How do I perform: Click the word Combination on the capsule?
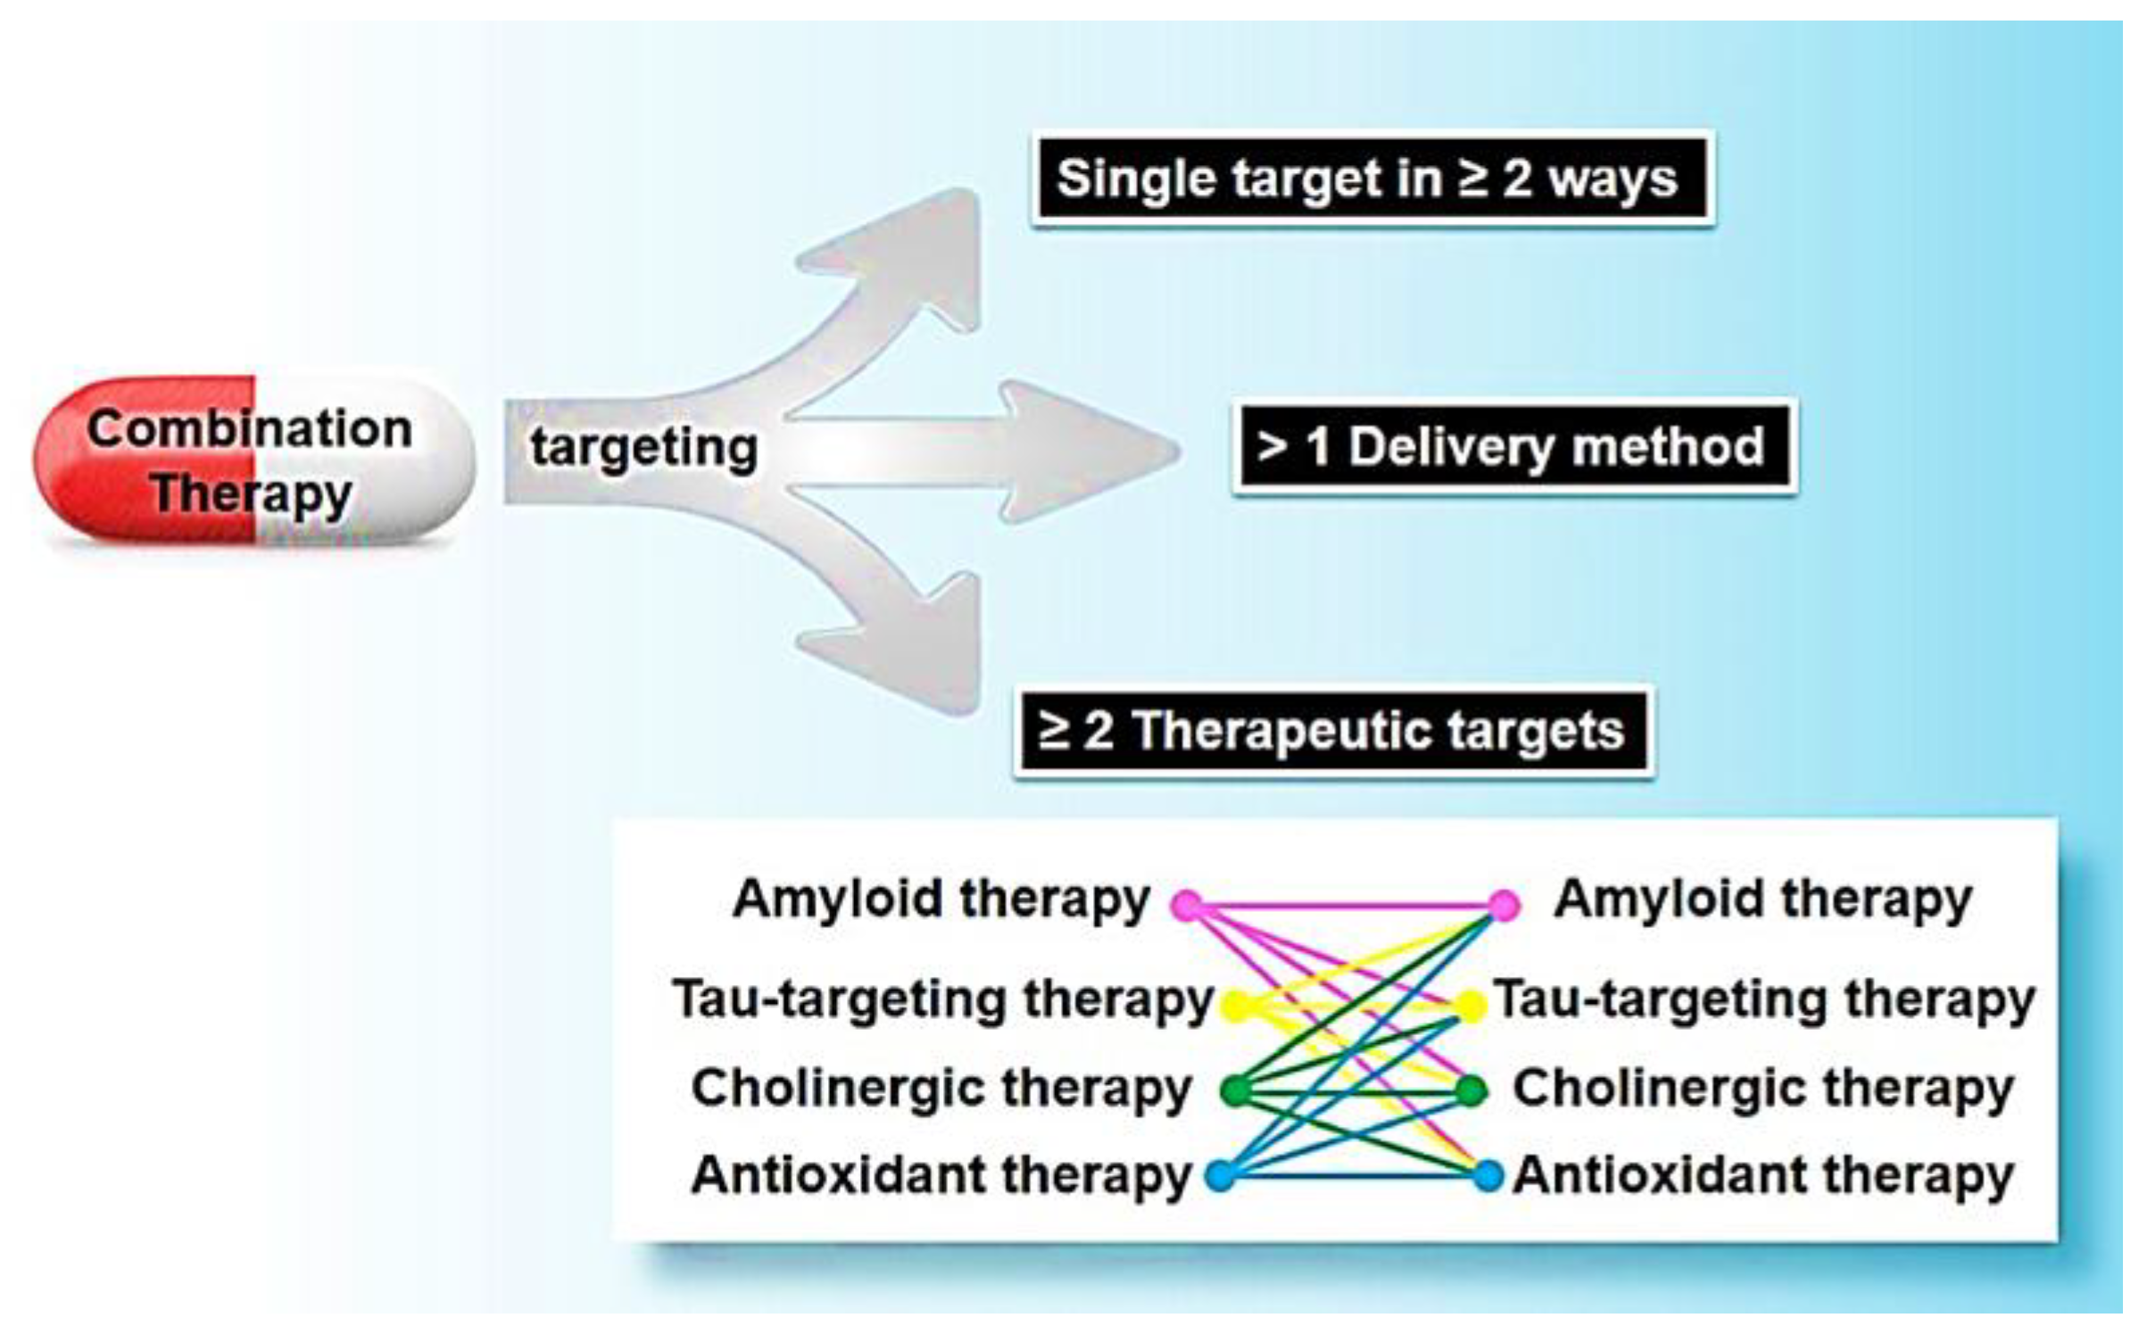pyautogui.click(x=250, y=429)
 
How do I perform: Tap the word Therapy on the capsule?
pyautogui.click(x=252, y=493)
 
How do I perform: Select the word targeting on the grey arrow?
pyautogui.click(x=643, y=447)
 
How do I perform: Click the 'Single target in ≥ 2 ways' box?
pyautogui.click(x=1372, y=178)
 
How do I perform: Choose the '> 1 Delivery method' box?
pyautogui.click(x=1514, y=446)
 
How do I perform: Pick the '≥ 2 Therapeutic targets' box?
pyautogui.click(x=1333, y=731)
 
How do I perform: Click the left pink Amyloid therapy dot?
pyautogui.click(x=1188, y=905)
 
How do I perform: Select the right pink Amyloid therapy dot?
pyautogui.click(x=1504, y=905)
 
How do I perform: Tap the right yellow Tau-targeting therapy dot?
pyautogui.click(x=1471, y=1006)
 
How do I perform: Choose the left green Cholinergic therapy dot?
pyautogui.click(x=1237, y=1090)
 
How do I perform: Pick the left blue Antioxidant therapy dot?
pyautogui.click(x=1221, y=1175)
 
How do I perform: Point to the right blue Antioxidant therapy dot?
pyautogui.click(x=1488, y=1175)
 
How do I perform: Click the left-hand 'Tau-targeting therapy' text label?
pyautogui.click(x=942, y=999)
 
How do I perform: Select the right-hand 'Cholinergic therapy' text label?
pyautogui.click(x=1763, y=1089)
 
